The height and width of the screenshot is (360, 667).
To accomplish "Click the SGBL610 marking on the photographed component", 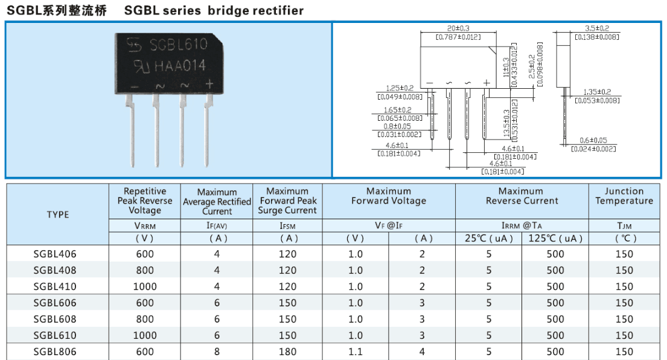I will tap(179, 45).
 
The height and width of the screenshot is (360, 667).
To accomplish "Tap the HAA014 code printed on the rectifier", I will tap(181, 65).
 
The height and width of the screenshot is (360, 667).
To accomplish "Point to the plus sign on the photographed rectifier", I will tap(209, 85).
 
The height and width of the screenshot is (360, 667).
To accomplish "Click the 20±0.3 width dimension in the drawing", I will tap(459, 28).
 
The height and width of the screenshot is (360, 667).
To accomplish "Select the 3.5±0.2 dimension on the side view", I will tap(597, 28).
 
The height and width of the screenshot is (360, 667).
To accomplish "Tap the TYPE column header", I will tap(58, 214).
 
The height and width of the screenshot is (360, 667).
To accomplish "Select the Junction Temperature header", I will tap(624, 196).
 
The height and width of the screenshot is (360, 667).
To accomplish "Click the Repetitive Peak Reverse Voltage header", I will tap(145, 201).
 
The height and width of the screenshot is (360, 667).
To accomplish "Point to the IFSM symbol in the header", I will tap(289, 225).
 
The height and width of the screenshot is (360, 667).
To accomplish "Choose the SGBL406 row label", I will tap(55, 254).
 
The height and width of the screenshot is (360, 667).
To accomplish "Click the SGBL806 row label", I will tap(55, 352).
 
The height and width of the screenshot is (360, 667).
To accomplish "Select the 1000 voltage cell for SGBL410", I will tap(145, 287).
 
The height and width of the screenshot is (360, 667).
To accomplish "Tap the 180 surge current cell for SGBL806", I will tap(288, 352).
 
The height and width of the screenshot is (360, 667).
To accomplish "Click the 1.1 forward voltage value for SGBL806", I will tap(356, 352).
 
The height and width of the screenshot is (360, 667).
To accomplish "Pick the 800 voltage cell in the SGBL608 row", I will tap(145, 319).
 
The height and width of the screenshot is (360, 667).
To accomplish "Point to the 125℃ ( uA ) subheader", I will tap(555, 238).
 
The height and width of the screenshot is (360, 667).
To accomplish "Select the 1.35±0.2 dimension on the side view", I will tap(597, 92).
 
